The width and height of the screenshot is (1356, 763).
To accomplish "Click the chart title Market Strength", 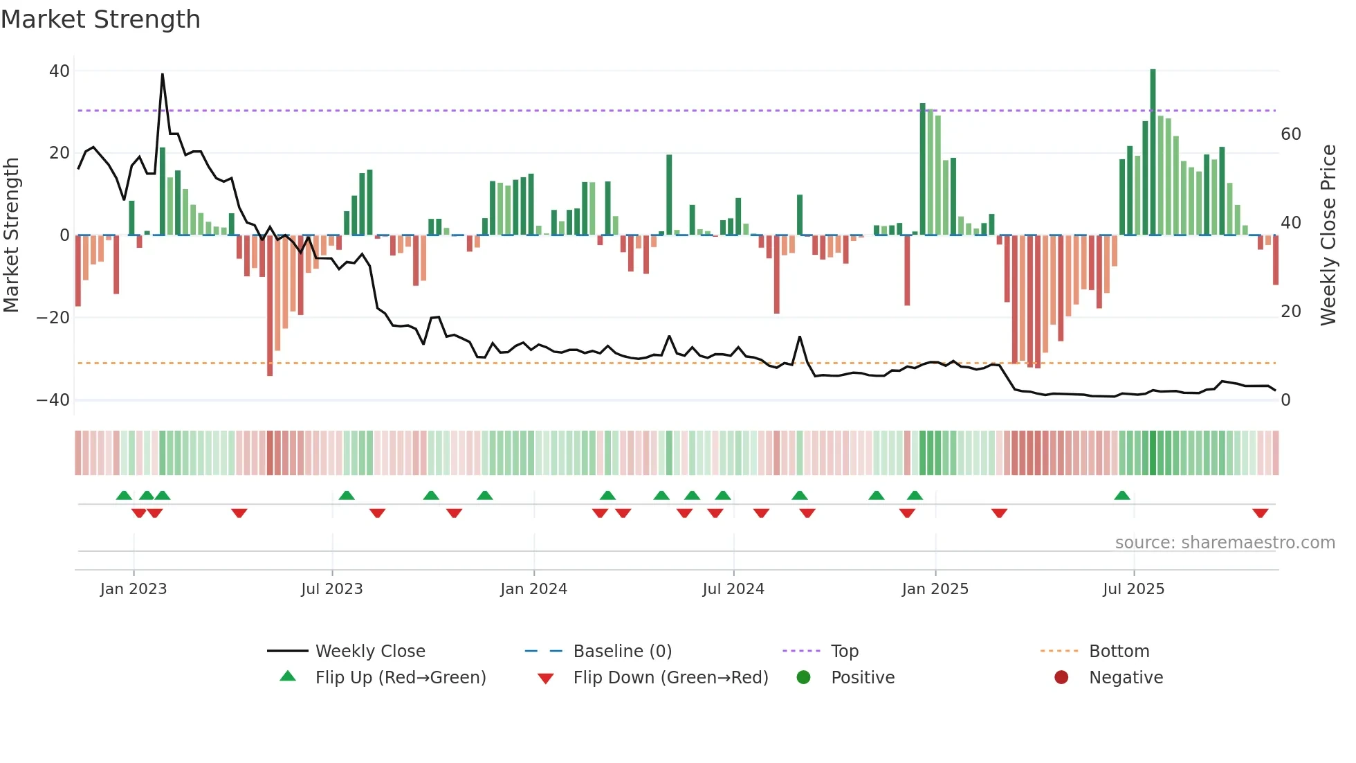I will pos(100,19).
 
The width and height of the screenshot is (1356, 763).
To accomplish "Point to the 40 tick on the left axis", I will pos(59,71).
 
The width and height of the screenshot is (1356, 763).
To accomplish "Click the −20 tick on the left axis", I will pos(53,318).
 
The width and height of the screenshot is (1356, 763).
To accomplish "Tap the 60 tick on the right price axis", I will pos(1290,134).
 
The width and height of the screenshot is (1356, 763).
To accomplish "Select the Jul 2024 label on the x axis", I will pos(733,589).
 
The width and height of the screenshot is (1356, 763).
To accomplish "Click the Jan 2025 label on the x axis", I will pos(935,589).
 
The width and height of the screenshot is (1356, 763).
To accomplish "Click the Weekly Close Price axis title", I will pos(1328,235).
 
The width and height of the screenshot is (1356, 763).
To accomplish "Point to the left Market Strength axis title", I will pos(11,235).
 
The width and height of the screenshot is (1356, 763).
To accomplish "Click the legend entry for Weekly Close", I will pos(369,652).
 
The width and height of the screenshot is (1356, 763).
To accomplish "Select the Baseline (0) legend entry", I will pos(622,652).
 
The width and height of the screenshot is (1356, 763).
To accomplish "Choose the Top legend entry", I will pos(844,652).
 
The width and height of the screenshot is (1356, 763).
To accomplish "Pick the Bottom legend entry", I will pos(1119,652).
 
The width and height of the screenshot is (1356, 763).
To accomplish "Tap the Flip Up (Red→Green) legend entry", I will pos(400,678).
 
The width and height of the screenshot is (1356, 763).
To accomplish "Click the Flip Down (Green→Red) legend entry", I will pos(670,678).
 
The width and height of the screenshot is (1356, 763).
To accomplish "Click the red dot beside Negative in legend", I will pos(1061,677).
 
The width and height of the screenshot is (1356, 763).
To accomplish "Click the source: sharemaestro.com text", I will pos(1225,543).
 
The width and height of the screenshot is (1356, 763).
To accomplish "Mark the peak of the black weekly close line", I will pos(163,74).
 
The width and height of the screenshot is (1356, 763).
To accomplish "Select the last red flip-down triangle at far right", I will pos(1260,513).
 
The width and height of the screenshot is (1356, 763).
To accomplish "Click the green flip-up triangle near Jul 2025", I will pos(1121,495).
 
